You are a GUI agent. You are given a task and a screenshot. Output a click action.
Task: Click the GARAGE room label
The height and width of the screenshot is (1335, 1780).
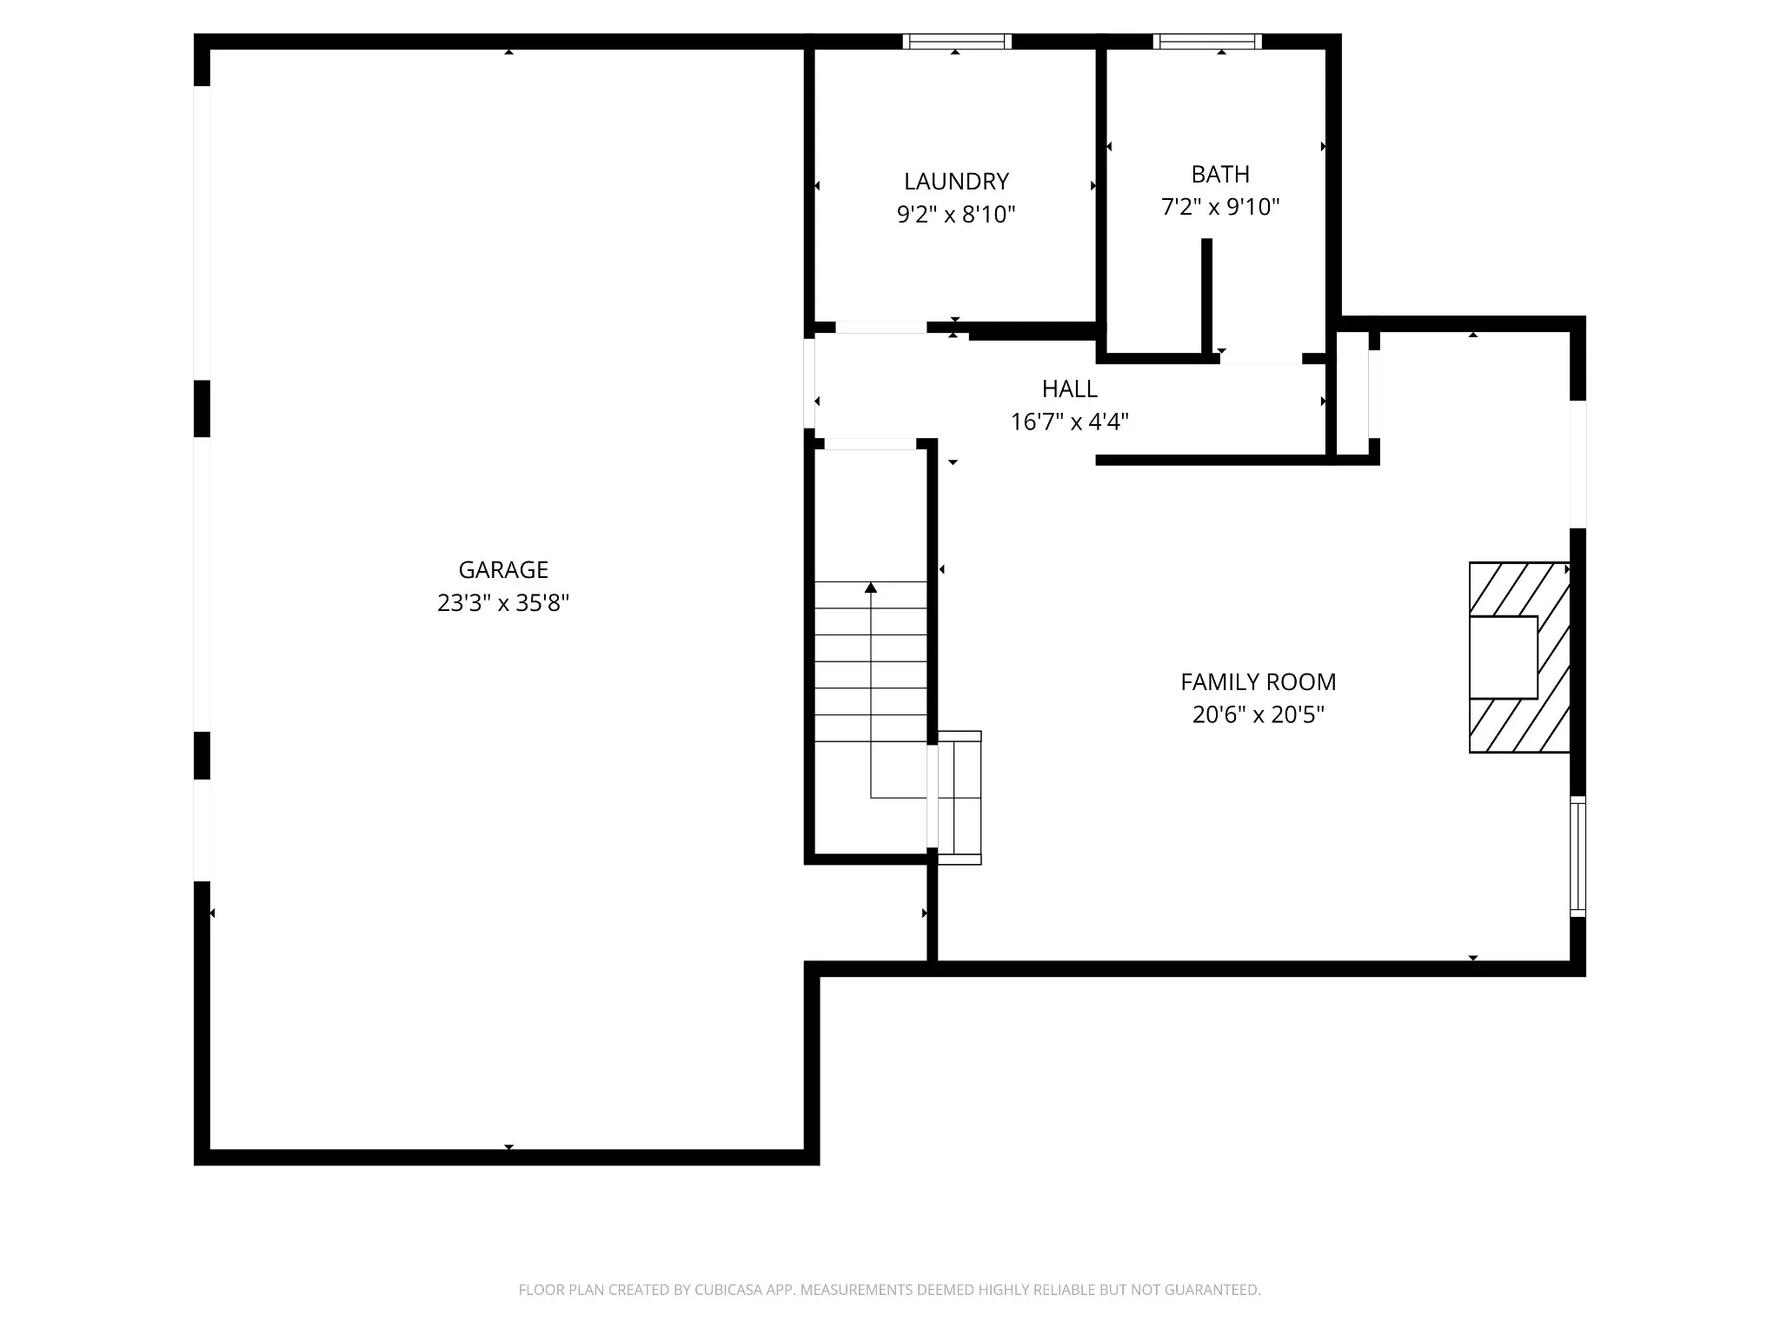503,570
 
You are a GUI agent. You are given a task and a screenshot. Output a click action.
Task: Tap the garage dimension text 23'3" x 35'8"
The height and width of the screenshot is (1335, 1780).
503,603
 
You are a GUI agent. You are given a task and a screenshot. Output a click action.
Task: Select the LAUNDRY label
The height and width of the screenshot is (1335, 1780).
956,182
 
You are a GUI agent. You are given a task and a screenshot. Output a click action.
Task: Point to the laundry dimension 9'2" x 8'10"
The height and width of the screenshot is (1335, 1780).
956,215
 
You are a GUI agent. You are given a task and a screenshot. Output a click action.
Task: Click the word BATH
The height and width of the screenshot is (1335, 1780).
1220,175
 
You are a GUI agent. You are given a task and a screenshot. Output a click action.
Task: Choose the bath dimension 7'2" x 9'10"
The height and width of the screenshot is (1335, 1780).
1220,208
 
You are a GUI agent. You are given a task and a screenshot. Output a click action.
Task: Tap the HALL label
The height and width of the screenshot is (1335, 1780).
1070,389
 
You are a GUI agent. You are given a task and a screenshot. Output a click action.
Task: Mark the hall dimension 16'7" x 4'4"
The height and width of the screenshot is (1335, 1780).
1070,422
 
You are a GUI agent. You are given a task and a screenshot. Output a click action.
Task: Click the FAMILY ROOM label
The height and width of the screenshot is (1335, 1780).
1259,682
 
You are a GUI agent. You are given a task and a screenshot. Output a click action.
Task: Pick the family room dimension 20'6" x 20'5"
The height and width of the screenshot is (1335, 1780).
1259,715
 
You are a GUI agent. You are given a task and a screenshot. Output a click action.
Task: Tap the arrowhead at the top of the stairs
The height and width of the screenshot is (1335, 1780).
871,588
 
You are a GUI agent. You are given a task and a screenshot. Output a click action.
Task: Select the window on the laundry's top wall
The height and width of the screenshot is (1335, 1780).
957,41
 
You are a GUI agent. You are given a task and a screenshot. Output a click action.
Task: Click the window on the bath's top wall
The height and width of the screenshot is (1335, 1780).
1207,41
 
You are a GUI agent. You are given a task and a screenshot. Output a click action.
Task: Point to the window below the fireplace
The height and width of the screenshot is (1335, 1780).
1578,856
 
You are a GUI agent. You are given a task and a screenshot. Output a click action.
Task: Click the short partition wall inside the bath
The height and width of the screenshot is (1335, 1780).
1206,296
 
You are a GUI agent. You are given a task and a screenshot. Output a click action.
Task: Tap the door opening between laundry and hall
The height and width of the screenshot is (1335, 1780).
881,328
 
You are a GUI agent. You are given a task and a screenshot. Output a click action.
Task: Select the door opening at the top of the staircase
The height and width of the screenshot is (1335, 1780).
870,444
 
